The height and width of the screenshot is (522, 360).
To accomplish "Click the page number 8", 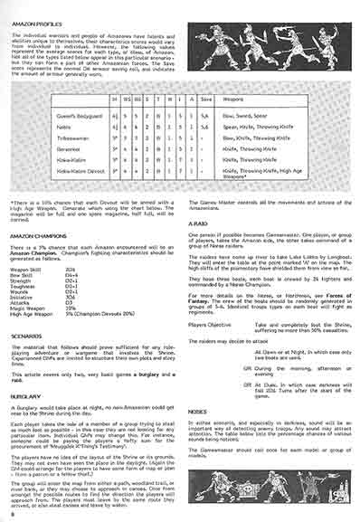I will [x=9, y=515].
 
